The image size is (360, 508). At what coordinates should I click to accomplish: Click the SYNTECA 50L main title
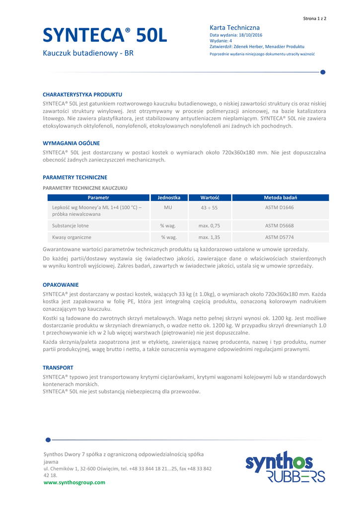(105, 36)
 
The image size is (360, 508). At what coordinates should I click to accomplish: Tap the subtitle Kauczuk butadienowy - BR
(88, 54)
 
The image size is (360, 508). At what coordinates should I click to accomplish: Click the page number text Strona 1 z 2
(314, 18)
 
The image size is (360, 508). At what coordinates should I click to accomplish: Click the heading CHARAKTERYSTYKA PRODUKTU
(82, 94)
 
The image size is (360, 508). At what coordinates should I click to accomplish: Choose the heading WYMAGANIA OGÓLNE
(71, 143)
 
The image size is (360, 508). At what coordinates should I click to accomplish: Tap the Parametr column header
(98, 197)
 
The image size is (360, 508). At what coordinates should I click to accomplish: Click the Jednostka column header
(169, 197)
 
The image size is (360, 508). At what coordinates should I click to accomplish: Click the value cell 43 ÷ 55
(209, 207)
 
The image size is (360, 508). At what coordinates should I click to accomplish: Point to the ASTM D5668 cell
(280, 226)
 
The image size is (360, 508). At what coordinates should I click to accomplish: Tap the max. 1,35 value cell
(209, 238)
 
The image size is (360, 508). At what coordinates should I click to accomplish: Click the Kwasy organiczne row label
(72, 238)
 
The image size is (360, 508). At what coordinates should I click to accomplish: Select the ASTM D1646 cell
(280, 207)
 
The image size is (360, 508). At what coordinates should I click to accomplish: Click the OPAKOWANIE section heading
(61, 285)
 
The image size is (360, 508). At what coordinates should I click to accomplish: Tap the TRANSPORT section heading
(58, 368)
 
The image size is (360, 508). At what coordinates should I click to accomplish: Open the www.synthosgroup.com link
(74, 482)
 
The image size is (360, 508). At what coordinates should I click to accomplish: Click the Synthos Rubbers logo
(285, 467)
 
